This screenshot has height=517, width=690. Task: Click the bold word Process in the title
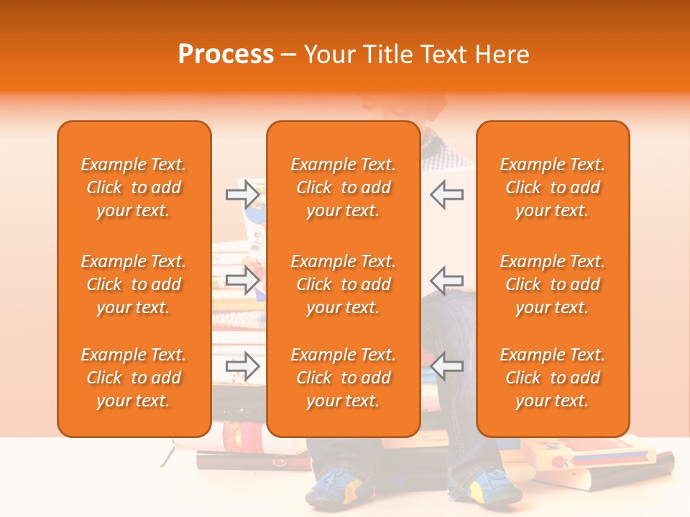coord(226,55)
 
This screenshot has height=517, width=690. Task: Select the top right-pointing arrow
coord(242,195)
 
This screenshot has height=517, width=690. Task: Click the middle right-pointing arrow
coord(242,280)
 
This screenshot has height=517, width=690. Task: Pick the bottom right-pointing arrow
coord(242,366)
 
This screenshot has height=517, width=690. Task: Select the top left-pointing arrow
coord(446,195)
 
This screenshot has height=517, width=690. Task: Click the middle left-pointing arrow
coord(446,280)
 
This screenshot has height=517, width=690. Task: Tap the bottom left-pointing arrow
coord(446,366)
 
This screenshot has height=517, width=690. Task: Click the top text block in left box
coord(134,187)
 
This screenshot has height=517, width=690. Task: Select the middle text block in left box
coord(134,284)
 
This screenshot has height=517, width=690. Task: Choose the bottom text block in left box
coord(134,378)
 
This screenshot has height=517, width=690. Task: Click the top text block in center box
coord(343,187)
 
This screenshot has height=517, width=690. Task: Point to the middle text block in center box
coord(343,284)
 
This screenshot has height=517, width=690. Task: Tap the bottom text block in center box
coord(343,378)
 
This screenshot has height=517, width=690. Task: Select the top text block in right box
coord(552,187)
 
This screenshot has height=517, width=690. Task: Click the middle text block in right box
coord(552,284)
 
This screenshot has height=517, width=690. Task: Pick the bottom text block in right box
coord(552,378)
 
